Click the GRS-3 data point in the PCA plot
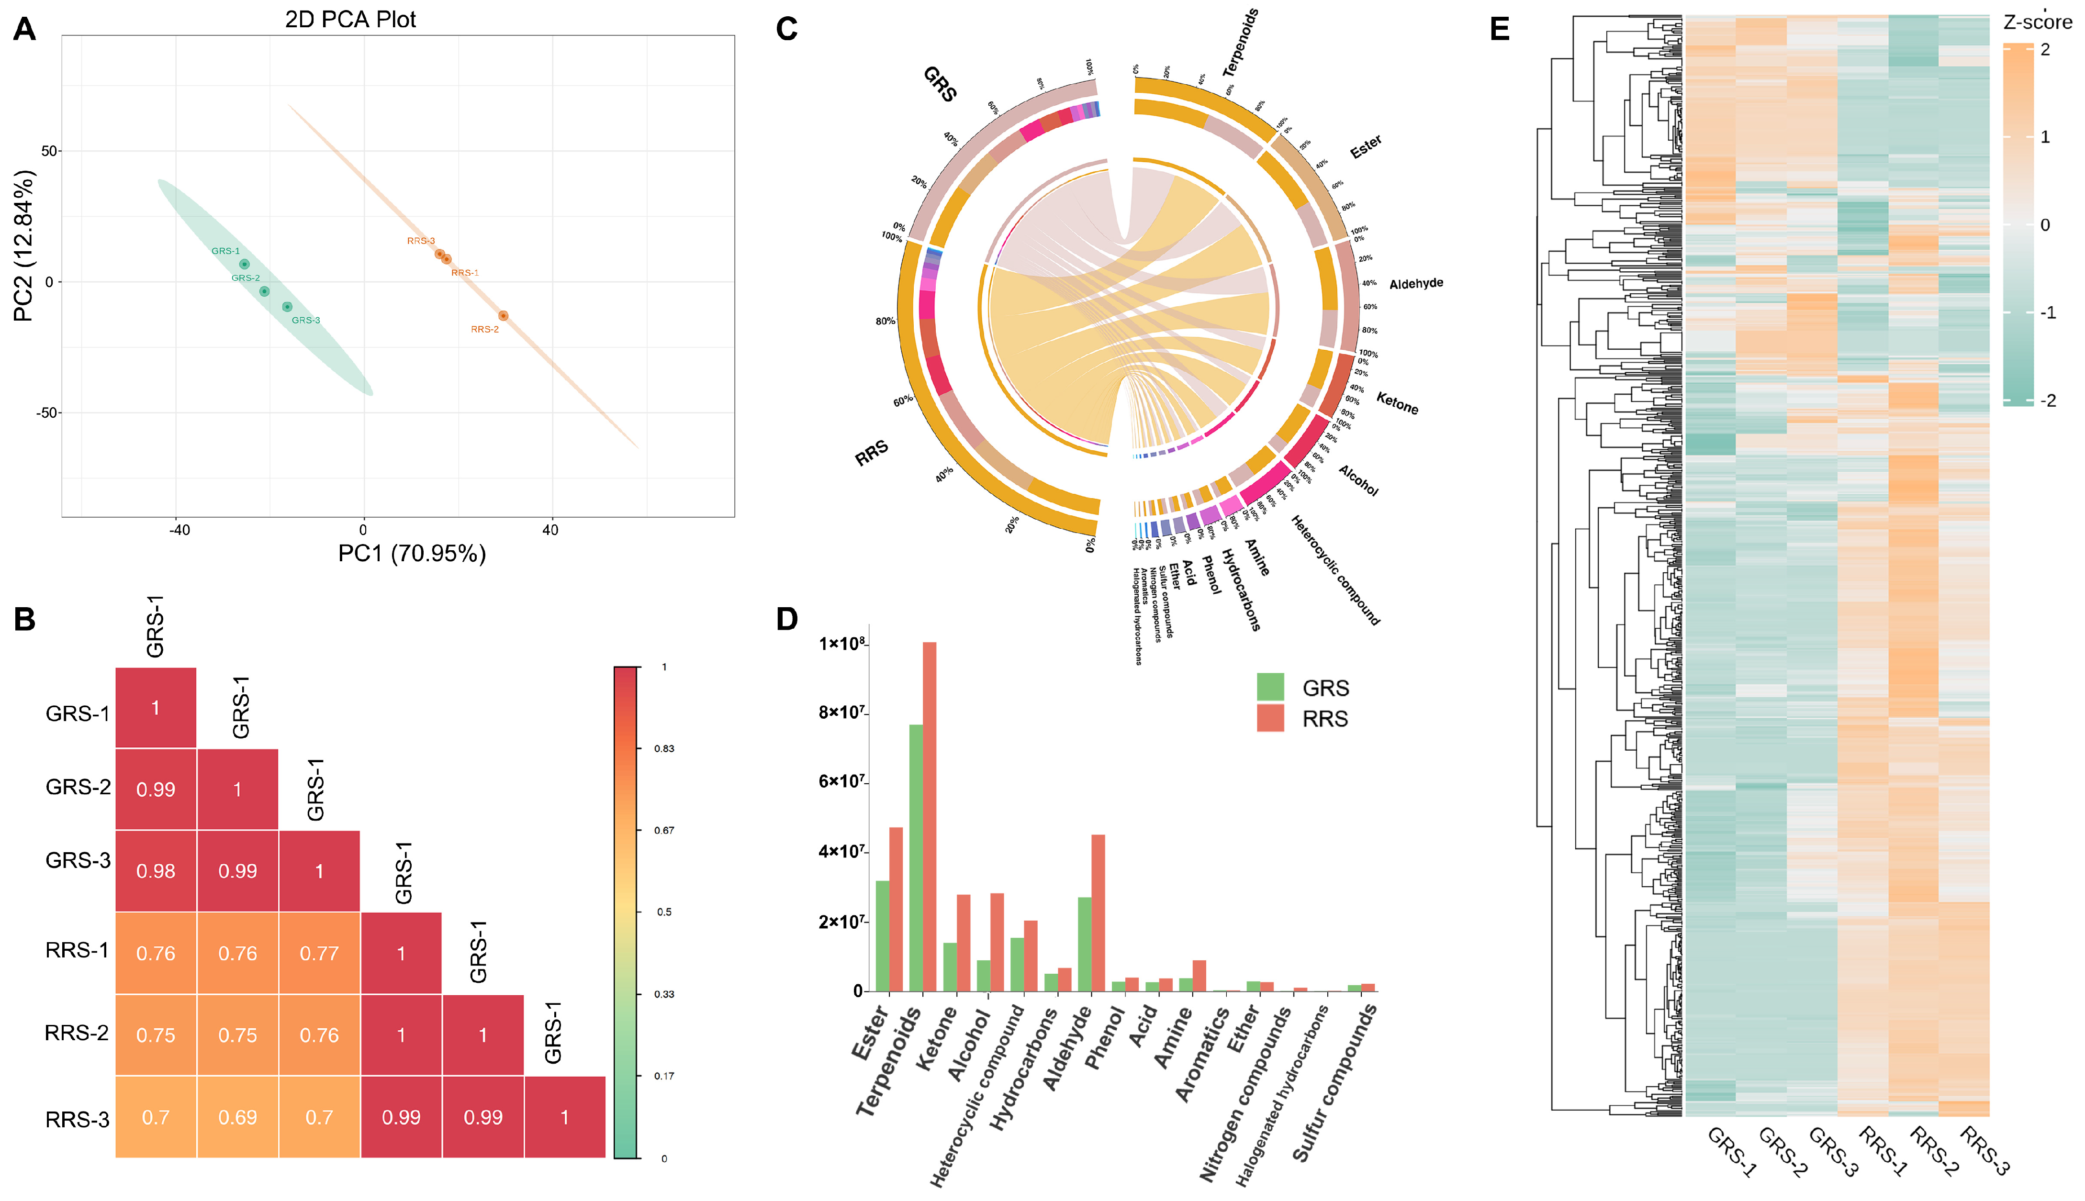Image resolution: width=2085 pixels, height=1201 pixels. pyautogui.click(x=287, y=307)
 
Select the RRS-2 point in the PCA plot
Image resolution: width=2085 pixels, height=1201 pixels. pyautogui.click(x=503, y=316)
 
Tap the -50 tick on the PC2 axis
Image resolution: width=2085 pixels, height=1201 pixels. pyautogui.click(x=46, y=412)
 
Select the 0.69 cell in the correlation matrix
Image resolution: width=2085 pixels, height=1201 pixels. pyautogui.click(x=237, y=1118)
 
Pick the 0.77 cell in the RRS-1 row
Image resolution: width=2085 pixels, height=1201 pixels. pyautogui.click(x=319, y=954)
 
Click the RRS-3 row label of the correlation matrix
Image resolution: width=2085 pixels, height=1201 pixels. pyautogui.click(x=77, y=1119)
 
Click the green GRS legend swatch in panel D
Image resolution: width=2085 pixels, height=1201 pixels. pyautogui.click(x=1270, y=687)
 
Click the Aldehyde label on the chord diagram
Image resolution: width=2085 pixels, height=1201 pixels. pyautogui.click(x=1416, y=284)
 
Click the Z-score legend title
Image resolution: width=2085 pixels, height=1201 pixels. pyautogui.click(x=2037, y=22)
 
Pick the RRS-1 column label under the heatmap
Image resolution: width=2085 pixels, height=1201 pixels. pyautogui.click(x=1883, y=1152)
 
